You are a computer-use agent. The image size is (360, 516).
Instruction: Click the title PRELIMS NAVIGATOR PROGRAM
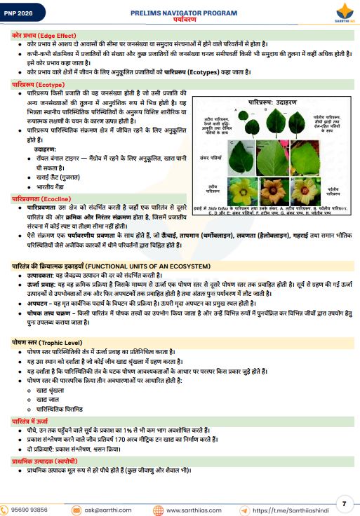click(x=180, y=13)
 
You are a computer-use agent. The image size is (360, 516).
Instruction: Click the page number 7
click(x=344, y=503)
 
